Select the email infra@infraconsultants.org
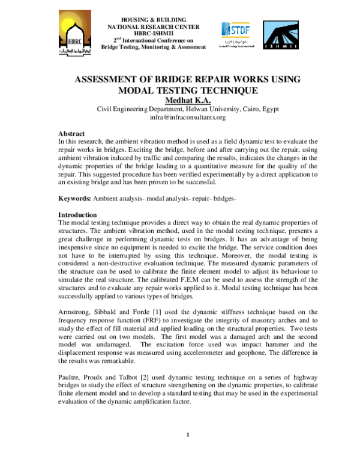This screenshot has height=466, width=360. pos(179,118)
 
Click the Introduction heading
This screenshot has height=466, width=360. pos(77,214)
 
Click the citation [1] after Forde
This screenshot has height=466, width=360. pos(161,310)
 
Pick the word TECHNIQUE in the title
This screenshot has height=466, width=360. pos(229,91)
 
